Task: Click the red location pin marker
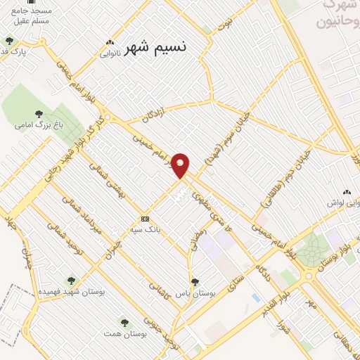[181, 165]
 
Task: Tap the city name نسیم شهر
[156, 49]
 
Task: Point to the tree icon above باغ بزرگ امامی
[39, 113]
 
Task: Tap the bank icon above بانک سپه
[146, 218]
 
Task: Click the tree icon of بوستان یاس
[195, 281]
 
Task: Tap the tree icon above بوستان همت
[124, 323]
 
